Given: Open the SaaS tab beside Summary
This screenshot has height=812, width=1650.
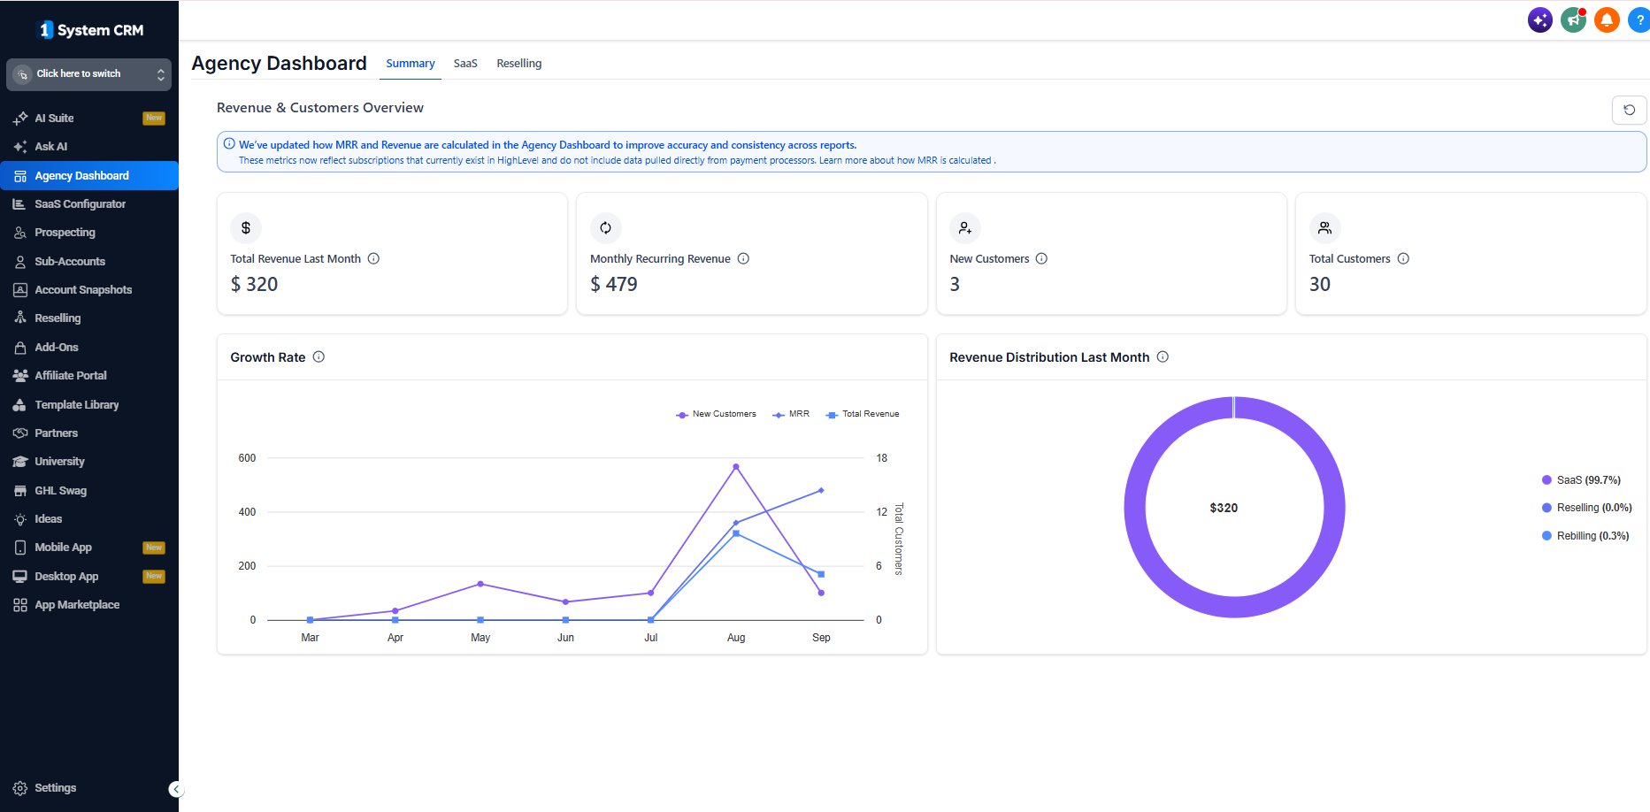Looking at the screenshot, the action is (x=465, y=64).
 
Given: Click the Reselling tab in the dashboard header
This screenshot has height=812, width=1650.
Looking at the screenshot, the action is (x=519, y=64).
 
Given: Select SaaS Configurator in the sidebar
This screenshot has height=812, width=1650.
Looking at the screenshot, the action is (x=80, y=204).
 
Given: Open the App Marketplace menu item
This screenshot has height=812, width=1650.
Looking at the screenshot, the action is (x=77, y=605).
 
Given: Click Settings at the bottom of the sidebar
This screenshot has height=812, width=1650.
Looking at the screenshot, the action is (x=55, y=788).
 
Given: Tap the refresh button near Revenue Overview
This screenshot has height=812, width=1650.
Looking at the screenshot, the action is (x=1629, y=110).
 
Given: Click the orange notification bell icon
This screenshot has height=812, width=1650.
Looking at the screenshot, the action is (x=1607, y=19).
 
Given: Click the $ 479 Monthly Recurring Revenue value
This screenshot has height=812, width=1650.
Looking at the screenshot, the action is (x=614, y=284).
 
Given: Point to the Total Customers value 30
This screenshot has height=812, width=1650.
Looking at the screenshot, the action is (x=1320, y=284).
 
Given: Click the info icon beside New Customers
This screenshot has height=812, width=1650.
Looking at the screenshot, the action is (x=1041, y=259).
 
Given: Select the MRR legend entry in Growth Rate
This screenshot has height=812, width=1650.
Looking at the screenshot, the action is (x=791, y=414).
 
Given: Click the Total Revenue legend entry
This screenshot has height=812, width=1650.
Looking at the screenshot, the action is (x=863, y=414).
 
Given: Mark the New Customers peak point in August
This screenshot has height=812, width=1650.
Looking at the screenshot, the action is (x=736, y=466).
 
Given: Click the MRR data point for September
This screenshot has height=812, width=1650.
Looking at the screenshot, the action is (x=821, y=490).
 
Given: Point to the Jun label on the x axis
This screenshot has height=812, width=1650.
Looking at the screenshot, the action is (x=565, y=638).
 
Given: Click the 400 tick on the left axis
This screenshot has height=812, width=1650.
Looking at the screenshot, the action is (x=247, y=512).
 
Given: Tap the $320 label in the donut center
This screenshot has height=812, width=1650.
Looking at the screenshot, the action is (x=1224, y=508).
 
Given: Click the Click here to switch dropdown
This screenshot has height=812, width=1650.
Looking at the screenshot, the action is (x=88, y=74).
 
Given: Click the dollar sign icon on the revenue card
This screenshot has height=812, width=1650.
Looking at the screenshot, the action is (x=246, y=228).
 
